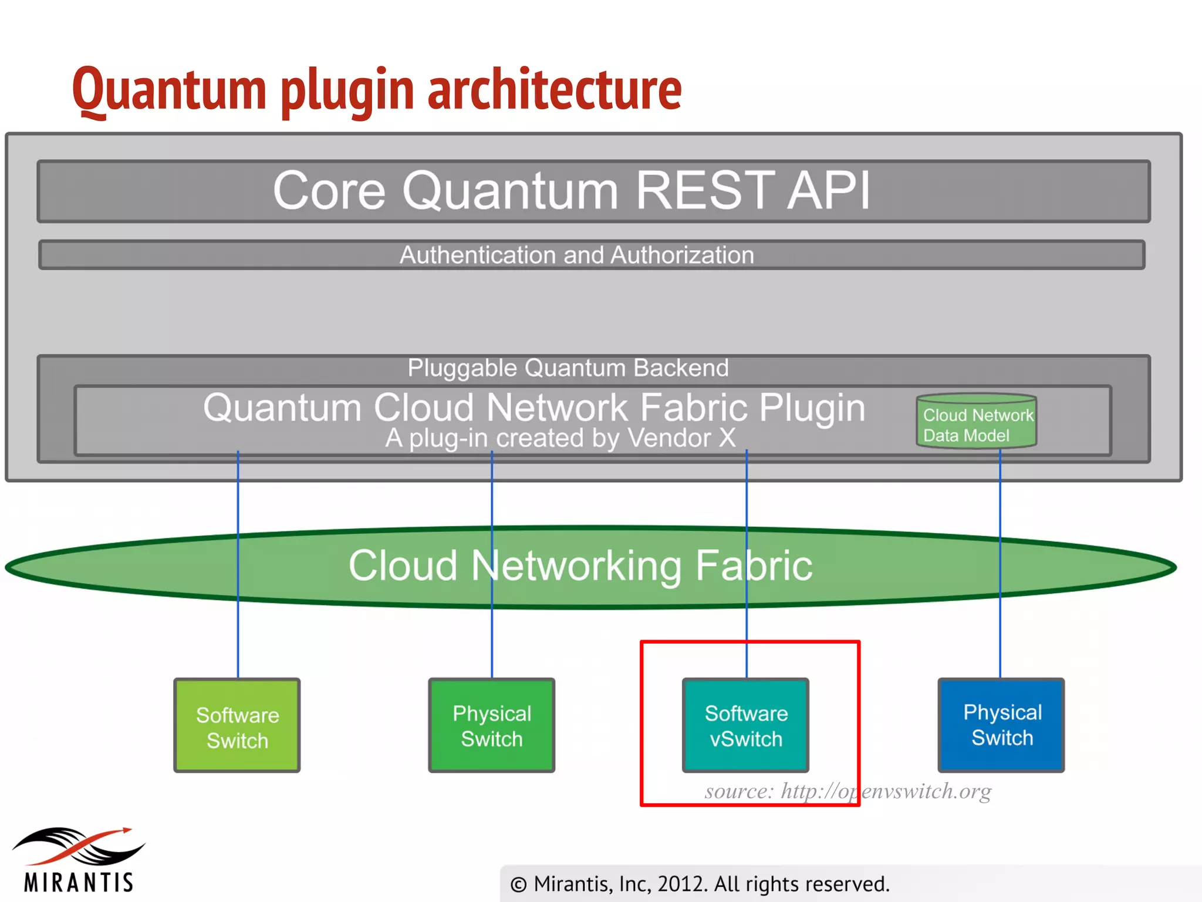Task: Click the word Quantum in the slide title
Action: click(x=169, y=89)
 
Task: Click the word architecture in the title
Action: click(x=555, y=89)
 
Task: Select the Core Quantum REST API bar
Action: click(x=593, y=191)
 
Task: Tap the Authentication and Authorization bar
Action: click(x=592, y=255)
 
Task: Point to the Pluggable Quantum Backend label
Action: click(x=568, y=368)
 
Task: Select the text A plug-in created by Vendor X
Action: click(x=561, y=438)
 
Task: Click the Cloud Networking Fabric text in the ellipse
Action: click(x=580, y=566)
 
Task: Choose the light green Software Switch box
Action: click(x=237, y=726)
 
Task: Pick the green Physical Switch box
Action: click(x=492, y=726)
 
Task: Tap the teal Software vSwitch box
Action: click(x=745, y=726)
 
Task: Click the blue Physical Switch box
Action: click(x=1001, y=725)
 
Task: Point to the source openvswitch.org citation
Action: click(x=848, y=791)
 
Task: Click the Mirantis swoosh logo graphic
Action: click(x=79, y=846)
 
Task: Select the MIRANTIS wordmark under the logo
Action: click(x=79, y=882)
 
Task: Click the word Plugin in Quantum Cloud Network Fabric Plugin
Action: click(x=812, y=408)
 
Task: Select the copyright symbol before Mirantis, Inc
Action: click(x=518, y=884)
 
